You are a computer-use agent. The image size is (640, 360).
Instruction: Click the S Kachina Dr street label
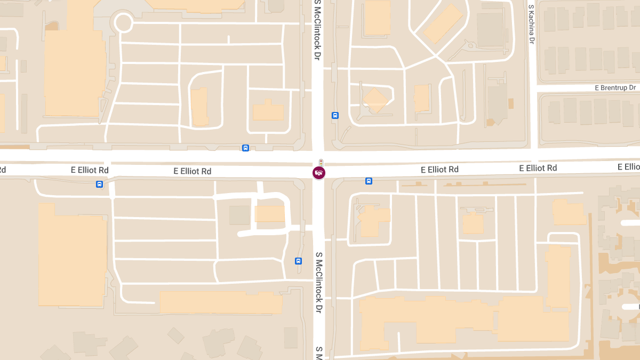(531, 25)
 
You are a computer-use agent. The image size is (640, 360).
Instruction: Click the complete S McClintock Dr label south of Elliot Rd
(319, 283)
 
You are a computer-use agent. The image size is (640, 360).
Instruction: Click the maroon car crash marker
(319, 173)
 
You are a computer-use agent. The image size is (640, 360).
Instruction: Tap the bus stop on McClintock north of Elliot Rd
(335, 115)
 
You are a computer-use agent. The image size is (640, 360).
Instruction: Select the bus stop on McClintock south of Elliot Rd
(298, 261)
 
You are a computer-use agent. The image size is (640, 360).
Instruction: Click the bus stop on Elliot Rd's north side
(245, 148)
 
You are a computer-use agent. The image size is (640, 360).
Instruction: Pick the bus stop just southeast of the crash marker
(369, 181)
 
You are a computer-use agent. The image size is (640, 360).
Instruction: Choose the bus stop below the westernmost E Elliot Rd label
(99, 184)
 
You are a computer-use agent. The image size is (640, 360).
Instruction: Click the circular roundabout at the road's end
(123, 23)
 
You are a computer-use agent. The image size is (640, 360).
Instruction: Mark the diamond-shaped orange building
(375, 100)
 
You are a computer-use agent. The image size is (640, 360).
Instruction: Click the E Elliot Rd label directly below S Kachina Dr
(538, 168)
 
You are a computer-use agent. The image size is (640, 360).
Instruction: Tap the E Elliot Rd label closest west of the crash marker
(192, 171)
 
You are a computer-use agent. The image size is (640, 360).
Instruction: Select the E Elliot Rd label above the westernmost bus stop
(90, 170)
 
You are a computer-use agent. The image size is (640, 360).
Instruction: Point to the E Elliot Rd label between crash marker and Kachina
(439, 170)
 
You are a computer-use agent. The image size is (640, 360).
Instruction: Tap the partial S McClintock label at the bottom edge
(319, 353)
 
